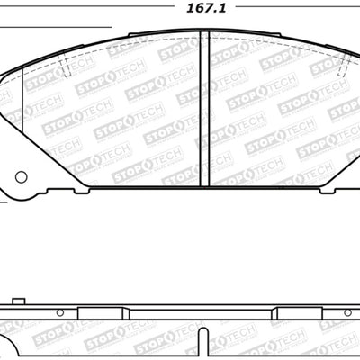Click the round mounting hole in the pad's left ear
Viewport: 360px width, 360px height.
tap(20, 178)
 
